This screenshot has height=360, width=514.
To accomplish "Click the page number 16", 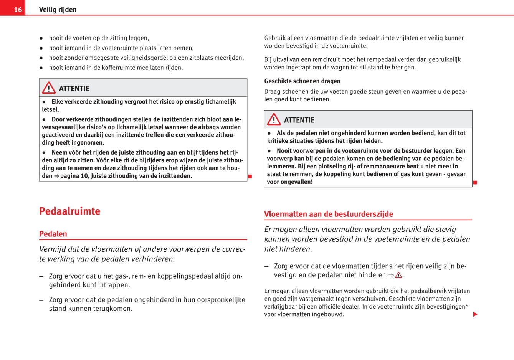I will pyautogui.click(x=18, y=10).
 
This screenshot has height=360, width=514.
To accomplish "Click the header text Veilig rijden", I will pyautogui.click(x=58, y=10).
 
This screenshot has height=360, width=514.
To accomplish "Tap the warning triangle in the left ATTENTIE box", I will pyautogui.click(x=49, y=88).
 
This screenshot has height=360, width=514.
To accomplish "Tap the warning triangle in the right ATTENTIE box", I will pyautogui.click(x=274, y=120).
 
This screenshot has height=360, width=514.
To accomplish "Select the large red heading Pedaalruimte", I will pyautogui.click(x=69, y=211).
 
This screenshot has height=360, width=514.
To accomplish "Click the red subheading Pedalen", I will pyautogui.click(x=53, y=234).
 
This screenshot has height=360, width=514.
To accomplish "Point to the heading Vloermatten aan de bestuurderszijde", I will pyautogui.click(x=328, y=214).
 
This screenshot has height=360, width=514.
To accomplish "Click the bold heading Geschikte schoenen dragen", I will pyautogui.click(x=302, y=81).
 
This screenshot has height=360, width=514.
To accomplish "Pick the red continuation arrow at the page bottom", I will pyautogui.click(x=475, y=314).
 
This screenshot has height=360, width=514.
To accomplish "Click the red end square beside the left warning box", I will pyautogui.click(x=250, y=177).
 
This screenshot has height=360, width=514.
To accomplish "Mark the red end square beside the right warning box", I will pyautogui.click(x=475, y=182).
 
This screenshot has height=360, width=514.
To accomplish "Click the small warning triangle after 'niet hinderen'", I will pyautogui.click(x=398, y=275).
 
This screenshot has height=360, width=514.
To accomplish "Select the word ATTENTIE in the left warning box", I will pyautogui.click(x=74, y=89).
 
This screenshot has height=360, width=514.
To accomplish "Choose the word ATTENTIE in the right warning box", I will pyautogui.click(x=299, y=120).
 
